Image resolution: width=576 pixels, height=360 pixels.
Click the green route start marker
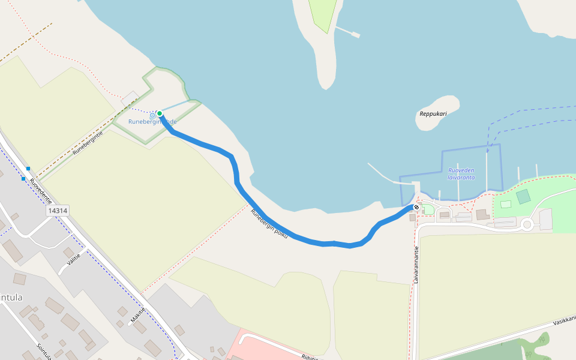(160, 113)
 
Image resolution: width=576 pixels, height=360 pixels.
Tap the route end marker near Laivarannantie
(416, 207)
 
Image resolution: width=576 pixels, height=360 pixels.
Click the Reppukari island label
(433, 113)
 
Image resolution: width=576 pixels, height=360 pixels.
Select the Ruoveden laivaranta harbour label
(461, 174)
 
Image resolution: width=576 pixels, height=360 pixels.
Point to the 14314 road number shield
(58, 211)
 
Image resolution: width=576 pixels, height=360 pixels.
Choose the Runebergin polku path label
(269, 224)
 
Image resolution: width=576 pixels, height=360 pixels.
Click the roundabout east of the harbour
(527, 225)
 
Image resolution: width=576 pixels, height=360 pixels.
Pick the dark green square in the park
(523, 196)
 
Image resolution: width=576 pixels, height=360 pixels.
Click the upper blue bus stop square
(28, 169)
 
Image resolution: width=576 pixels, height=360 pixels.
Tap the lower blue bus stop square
(23, 179)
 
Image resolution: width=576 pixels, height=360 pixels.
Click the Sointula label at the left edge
(11, 297)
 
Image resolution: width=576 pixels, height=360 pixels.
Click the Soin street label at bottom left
(44, 351)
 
